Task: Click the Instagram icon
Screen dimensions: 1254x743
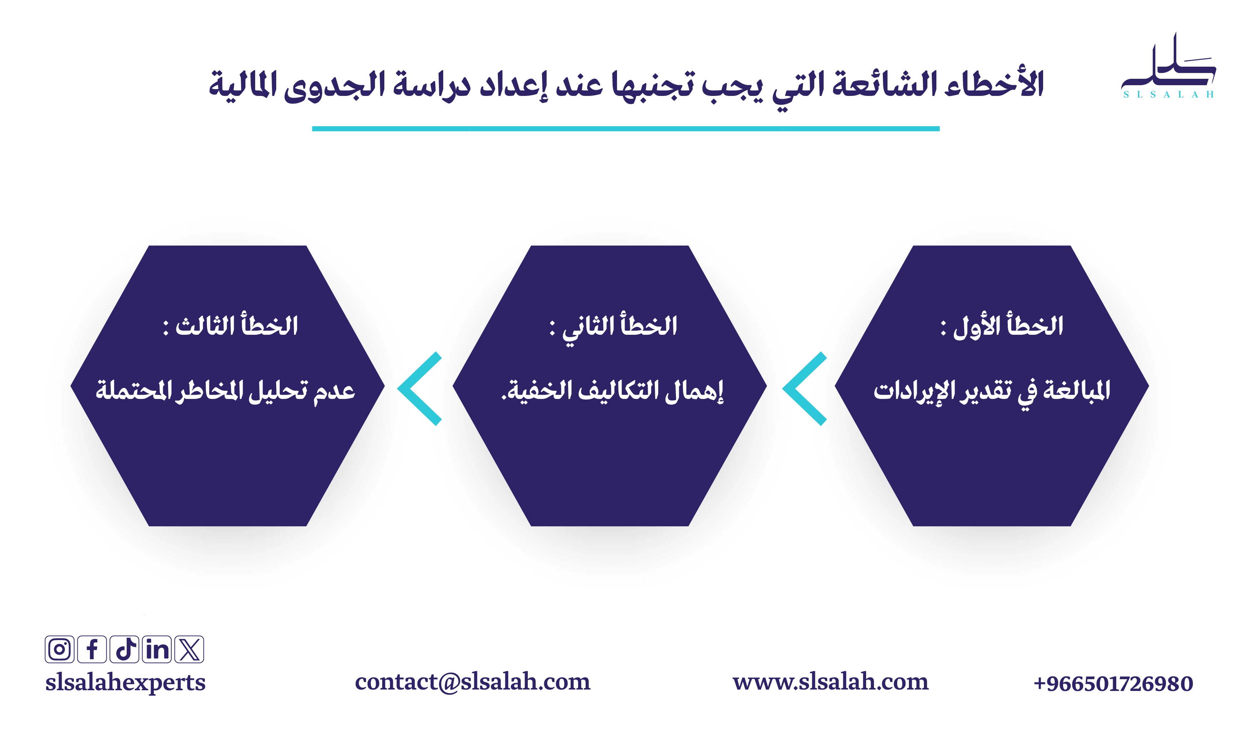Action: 60,649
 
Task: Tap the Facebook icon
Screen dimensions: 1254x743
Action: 92,649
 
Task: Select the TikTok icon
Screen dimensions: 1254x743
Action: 124,649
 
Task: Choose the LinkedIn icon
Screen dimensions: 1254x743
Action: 157,649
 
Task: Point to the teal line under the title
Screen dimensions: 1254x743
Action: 626,129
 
